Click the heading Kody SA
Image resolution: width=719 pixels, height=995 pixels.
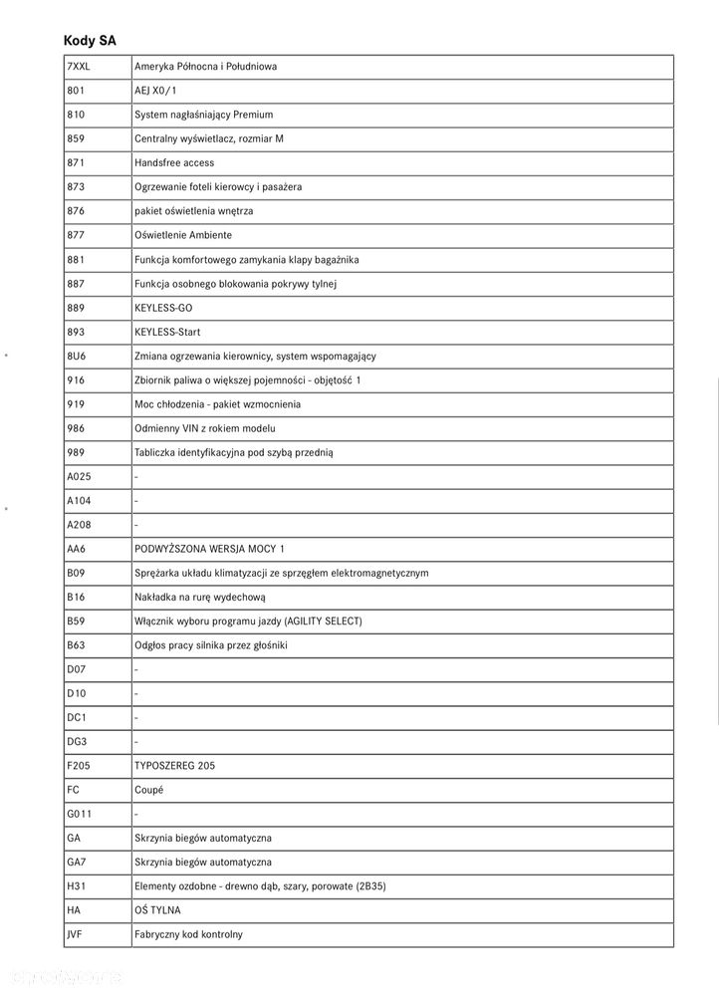coord(90,40)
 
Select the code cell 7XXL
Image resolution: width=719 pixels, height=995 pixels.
coord(79,67)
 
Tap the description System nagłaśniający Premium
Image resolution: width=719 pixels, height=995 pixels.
coord(203,115)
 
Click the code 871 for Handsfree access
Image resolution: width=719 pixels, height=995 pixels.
coord(76,162)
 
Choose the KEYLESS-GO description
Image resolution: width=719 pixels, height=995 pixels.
coord(163,308)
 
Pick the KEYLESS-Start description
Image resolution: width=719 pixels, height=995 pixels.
coord(167,332)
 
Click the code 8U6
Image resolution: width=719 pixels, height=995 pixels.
coord(76,356)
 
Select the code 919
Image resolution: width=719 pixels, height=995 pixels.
coord(76,404)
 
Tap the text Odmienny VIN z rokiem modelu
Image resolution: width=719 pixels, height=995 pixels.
coord(204,428)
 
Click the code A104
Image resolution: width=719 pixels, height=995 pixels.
coord(79,501)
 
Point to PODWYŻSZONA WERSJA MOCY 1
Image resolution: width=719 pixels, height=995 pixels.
coord(209,549)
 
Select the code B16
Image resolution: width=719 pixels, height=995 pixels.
coord(76,597)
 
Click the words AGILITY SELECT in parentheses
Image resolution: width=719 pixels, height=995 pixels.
coord(322,622)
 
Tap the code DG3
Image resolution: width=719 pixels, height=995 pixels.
coord(77,742)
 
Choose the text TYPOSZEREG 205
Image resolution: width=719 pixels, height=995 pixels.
coord(174,766)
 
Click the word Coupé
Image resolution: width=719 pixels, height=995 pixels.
coord(149,790)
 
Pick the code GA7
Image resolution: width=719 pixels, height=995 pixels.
coord(76,863)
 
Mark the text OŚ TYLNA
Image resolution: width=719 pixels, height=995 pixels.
coord(157,910)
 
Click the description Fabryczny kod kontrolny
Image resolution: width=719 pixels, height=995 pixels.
coord(188,934)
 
